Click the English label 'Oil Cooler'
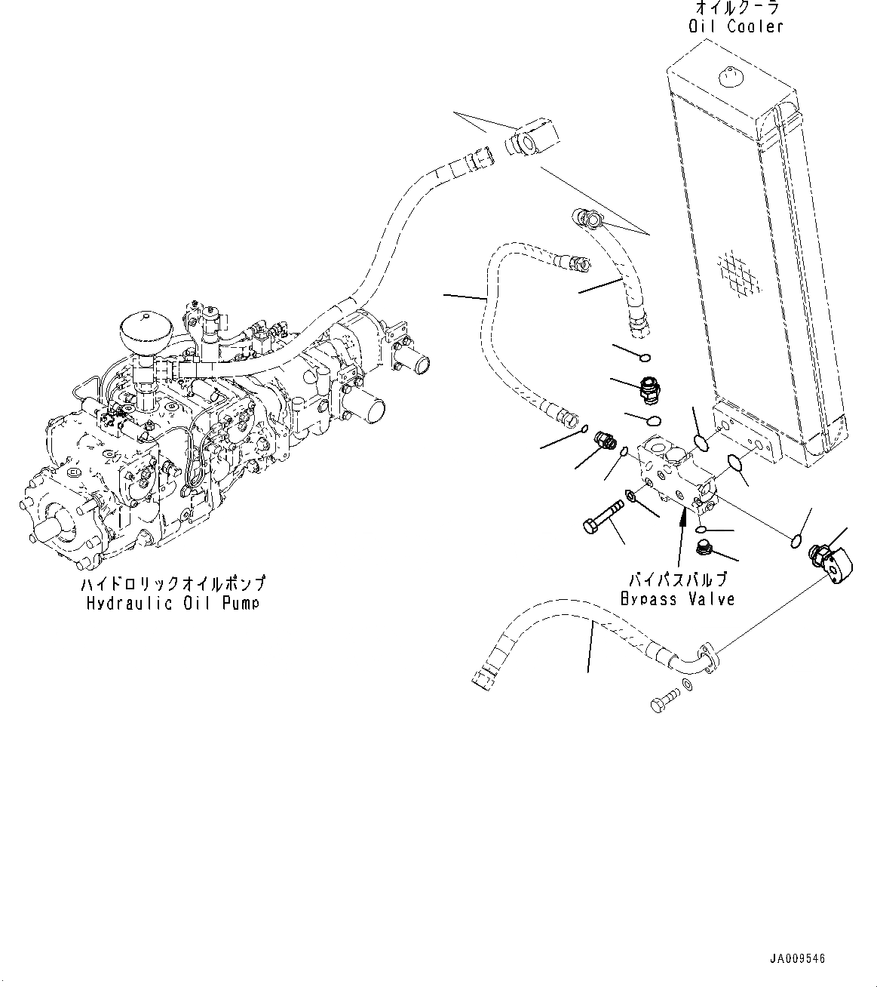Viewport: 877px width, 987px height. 735,27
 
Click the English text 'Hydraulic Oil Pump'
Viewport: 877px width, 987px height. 173,603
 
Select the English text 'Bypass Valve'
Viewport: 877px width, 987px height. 677,598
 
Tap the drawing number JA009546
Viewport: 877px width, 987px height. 798,959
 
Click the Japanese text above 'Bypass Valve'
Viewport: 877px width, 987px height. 678,580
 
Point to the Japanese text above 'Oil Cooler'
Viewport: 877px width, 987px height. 735,8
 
